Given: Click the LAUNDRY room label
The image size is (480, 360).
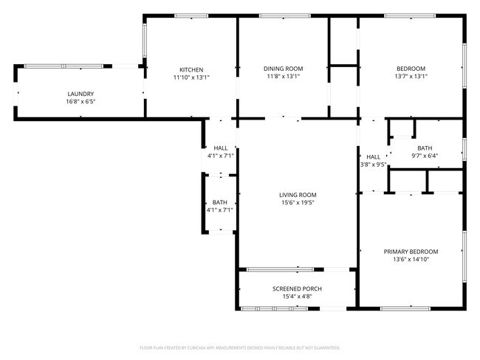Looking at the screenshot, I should (x=80, y=94).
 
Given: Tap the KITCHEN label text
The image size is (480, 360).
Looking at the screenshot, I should (x=191, y=69).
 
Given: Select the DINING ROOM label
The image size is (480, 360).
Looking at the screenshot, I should (x=284, y=69).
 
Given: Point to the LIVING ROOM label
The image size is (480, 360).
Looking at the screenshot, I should (x=297, y=195).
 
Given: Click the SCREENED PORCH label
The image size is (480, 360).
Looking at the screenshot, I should (x=297, y=288).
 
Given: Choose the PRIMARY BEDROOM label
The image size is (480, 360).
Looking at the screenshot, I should (x=411, y=252).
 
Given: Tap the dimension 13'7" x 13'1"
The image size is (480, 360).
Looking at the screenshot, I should (x=411, y=77).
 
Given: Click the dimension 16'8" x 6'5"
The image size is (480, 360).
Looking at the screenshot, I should (x=80, y=101).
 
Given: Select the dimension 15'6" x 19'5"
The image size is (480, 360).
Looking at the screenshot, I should (x=297, y=203).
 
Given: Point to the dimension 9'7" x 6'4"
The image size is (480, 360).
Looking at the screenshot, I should (x=425, y=156).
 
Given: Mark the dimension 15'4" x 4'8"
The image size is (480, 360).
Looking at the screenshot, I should (x=297, y=297).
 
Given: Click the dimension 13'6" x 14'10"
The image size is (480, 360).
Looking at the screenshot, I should (x=411, y=260).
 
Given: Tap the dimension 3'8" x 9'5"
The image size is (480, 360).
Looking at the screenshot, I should (x=373, y=165).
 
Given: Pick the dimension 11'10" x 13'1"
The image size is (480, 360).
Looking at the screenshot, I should (x=191, y=77).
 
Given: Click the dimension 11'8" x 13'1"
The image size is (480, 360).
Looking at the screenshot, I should (x=284, y=77).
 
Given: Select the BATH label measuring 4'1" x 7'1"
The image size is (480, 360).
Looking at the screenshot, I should (x=220, y=202).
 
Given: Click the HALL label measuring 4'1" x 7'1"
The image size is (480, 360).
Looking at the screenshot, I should (x=220, y=148).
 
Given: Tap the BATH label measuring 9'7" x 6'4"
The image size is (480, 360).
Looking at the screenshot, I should (x=425, y=148).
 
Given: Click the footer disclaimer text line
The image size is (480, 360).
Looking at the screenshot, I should (x=239, y=347).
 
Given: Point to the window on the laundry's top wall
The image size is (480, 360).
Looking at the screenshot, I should (x=64, y=66).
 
